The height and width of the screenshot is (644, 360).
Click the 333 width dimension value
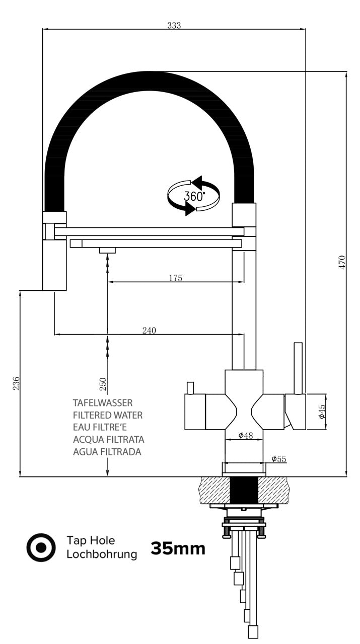tap(174, 26)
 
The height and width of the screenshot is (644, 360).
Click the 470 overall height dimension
tap(342, 263)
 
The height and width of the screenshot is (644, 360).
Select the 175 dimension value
tap(176, 278)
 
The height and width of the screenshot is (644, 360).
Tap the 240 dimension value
tap(149, 330)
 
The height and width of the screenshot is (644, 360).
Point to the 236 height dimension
tap(16, 383)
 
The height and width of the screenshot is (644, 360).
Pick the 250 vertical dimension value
tap(103, 384)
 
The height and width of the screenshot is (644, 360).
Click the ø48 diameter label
tap(245, 435)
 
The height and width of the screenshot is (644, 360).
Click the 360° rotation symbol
tap(194, 196)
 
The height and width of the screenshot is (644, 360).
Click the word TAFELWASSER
tap(103, 403)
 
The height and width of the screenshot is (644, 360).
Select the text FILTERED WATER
tap(108, 415)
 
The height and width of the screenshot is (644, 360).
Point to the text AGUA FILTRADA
tap(107, 452)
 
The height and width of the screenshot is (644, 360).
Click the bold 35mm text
tap(178, 548)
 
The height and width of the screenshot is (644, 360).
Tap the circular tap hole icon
tap(40, 547)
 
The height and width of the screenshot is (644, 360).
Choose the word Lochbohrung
tap(102, 554)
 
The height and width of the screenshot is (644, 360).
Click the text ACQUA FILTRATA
tap(109, 440)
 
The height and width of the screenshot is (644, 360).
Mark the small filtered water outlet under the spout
tap(107, 250)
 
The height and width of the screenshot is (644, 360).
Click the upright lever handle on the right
tap(298, 368)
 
